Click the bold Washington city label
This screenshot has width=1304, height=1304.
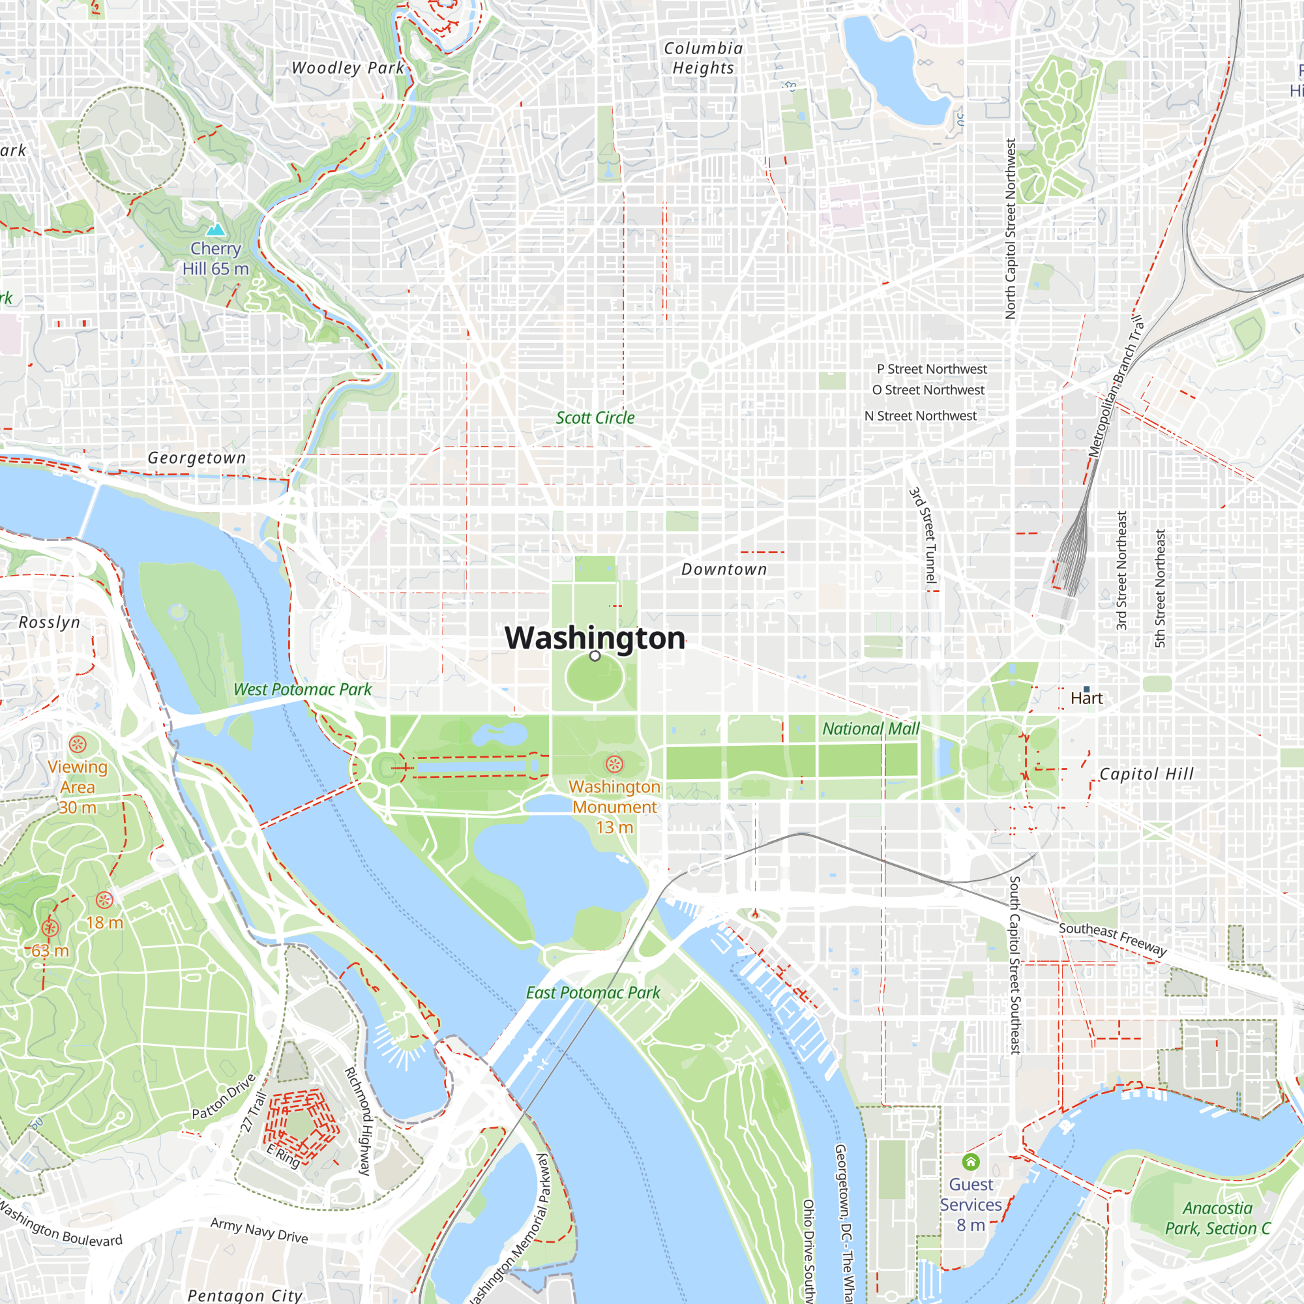595,638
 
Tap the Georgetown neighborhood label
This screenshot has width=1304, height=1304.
196,458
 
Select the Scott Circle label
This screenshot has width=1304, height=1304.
595,418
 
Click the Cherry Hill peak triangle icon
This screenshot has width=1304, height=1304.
215,230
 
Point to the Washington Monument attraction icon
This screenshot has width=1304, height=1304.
614,764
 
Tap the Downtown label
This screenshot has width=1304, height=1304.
724,569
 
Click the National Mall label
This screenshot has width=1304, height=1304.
870,728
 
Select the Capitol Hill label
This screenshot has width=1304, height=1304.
1146,773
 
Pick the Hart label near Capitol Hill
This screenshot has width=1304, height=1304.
1086,698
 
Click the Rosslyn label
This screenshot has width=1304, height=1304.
50,621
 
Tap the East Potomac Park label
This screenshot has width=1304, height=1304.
593,992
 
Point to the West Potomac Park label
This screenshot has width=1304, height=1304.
303,689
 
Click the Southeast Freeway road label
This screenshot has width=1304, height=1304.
1112,939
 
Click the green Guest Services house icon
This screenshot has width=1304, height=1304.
971,1162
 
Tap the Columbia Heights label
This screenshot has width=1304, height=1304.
704,58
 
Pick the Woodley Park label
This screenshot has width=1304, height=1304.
348,68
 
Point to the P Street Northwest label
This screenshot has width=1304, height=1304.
932,369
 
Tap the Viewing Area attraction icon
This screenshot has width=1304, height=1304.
78,745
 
